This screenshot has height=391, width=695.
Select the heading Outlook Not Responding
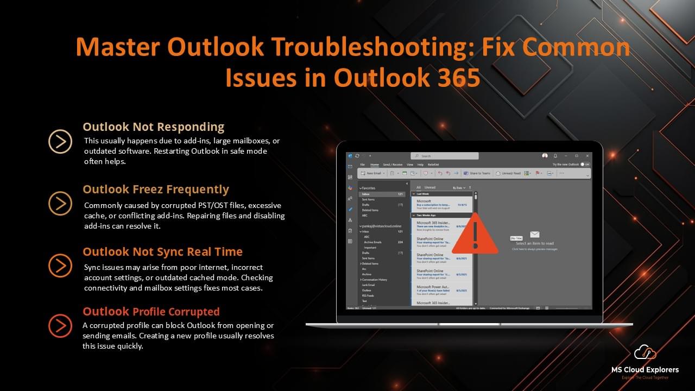point(153,127)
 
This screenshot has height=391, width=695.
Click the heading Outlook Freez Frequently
point(156,190)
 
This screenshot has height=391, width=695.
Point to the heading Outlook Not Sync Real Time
point(162,252)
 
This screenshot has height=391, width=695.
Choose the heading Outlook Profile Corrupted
point(151,312)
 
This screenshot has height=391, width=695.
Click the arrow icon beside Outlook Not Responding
point(60,141)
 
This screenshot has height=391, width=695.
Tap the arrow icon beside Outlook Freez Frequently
point(60,204)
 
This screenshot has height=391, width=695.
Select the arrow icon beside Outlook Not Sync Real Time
point(60,266)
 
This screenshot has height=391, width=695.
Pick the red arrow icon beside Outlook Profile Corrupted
point(60,326)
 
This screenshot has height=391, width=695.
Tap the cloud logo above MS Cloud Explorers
point(645,353)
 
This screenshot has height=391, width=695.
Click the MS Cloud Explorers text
point(645,370)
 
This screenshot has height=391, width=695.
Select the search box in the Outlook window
point(444,156)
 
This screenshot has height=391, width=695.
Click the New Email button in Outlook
point(374,173)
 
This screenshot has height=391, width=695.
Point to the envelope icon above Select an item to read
point(535,235)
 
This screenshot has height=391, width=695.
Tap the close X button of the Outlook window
point(588,156)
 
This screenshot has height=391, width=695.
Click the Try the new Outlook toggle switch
point(584,164)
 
